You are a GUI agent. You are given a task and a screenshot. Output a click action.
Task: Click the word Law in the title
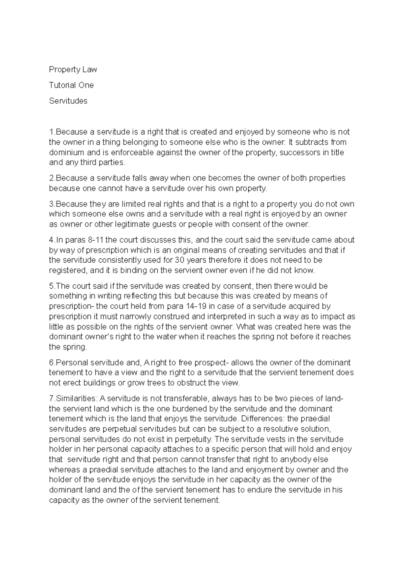[89, 70]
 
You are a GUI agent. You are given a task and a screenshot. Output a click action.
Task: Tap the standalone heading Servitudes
[68, 101]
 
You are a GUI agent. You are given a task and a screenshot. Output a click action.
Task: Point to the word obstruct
[192, 383]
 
